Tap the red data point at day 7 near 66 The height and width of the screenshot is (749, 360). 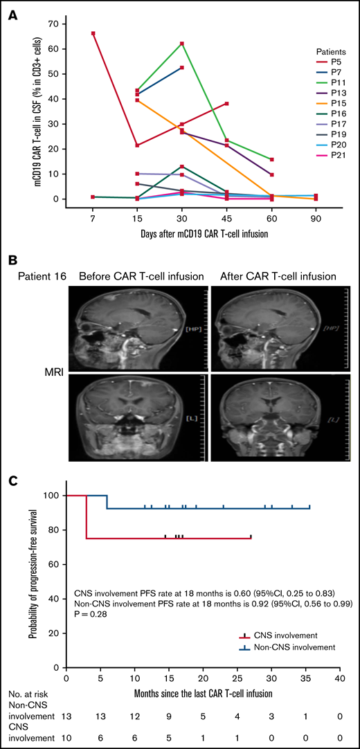[x=93, y=33]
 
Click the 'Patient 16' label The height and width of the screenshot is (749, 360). [x=32, y=276]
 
